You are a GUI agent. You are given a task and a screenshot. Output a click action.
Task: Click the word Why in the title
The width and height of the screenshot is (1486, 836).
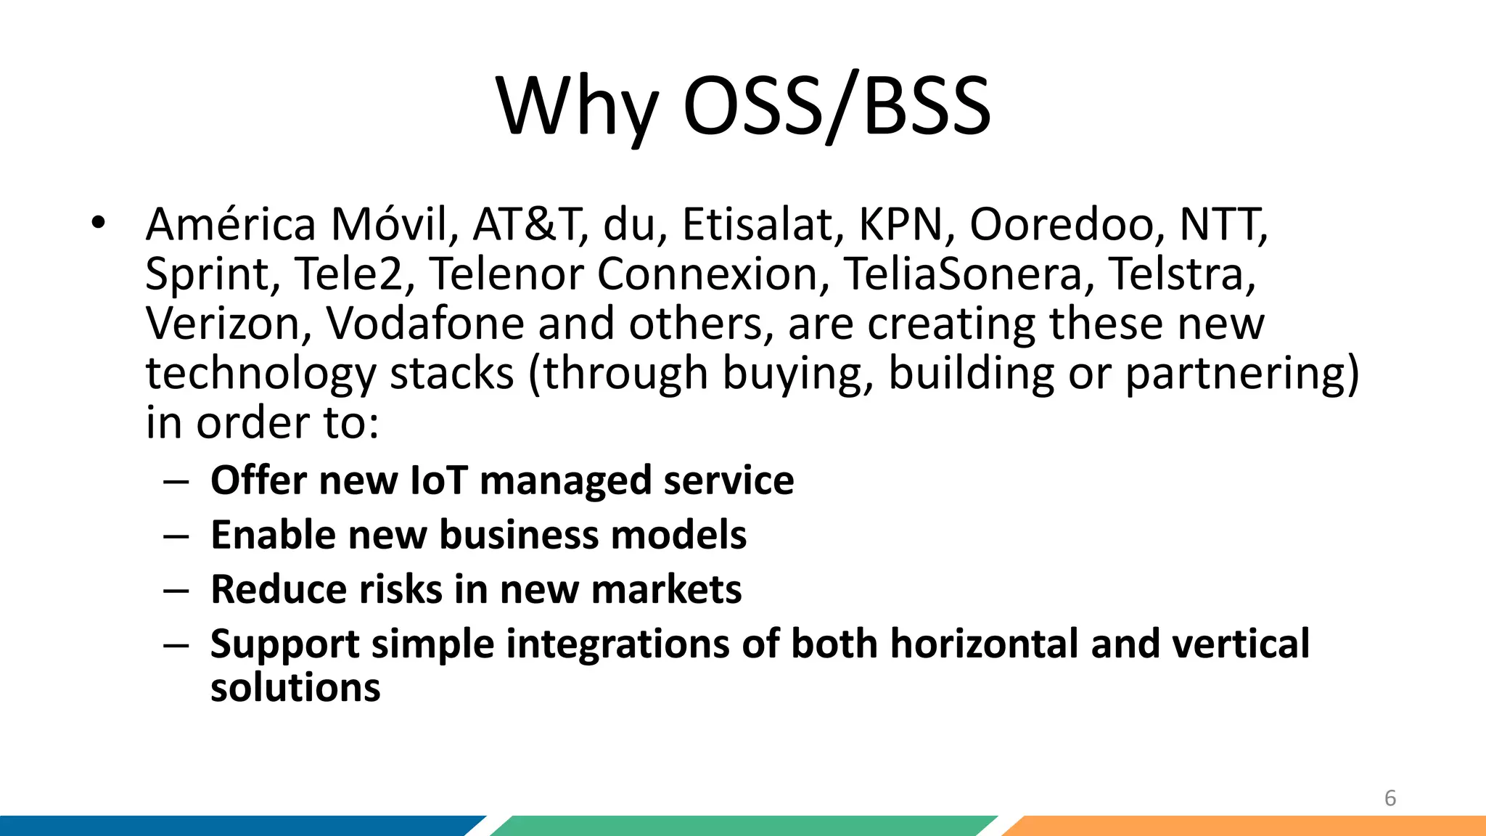(x=577, y=107)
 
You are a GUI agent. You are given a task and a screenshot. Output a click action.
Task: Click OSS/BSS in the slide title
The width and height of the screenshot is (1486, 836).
(x=837, y=107)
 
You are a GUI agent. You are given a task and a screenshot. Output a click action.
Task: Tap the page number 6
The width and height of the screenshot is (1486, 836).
(x=1390, y=798)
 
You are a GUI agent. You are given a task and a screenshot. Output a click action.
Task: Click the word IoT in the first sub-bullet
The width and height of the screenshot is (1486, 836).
(x=438, y=480)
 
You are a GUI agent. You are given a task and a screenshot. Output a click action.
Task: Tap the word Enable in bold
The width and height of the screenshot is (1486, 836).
(x=273, y=535)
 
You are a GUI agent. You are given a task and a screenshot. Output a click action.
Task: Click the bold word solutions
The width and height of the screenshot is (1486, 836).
(x=295, y=687)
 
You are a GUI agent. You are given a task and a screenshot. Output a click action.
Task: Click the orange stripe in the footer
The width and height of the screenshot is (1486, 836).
(x=1248, y=826)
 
